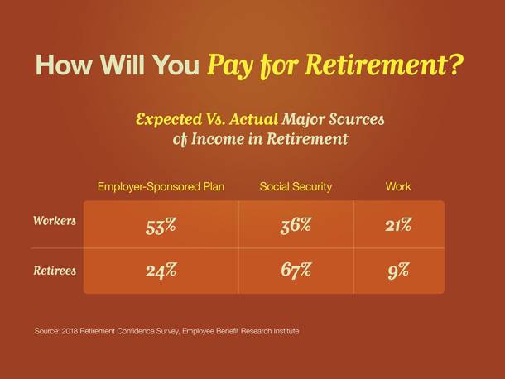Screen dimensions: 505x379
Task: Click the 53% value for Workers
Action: point(161,226)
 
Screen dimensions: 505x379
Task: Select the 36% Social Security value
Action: point(296,225)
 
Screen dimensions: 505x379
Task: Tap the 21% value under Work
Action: point(398,225)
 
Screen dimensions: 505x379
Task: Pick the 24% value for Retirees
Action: point(161,270)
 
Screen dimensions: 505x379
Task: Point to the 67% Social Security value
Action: point(296,270)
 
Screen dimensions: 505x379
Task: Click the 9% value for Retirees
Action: point(398,271)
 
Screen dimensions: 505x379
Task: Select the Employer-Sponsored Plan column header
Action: point(161,186)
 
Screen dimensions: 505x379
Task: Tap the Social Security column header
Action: point(296,186)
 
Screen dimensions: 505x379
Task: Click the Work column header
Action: point(398,186)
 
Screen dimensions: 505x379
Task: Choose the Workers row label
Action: point(55,221)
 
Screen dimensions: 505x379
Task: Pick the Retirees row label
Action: point(55,271)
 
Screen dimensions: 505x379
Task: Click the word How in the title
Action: point(64,65)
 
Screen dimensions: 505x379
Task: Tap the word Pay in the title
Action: point(230,66)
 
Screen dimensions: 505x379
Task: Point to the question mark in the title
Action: point(454,65)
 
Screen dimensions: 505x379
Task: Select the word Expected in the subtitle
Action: point(169,119)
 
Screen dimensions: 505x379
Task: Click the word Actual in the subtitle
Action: point(254,119)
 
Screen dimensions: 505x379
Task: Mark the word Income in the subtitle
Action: point(218,139)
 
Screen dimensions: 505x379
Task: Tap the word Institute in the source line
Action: point(286,331)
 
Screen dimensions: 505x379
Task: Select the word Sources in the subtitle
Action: point(357,119)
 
